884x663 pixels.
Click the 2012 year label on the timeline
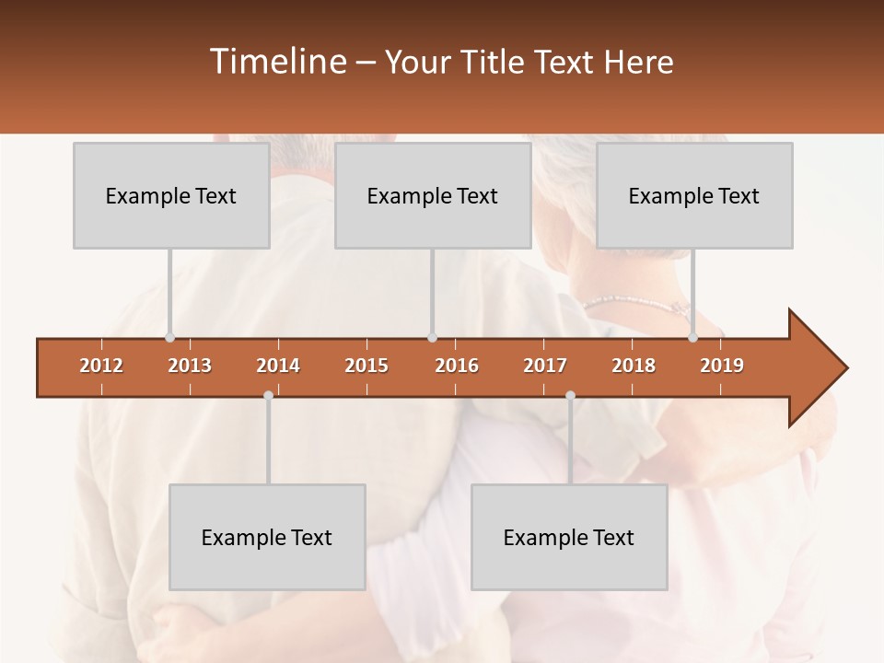click(101, 366)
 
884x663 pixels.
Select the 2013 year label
click(190, 366)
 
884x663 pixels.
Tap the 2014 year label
click(278, 366)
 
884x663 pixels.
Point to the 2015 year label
click(366, 366)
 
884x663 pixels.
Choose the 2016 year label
click(457, 366)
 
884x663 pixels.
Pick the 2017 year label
click(545, 366)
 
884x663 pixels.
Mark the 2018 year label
click(634, 366)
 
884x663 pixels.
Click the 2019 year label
click(722, 366)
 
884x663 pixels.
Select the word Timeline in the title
click(276, 62)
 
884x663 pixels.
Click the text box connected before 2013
click(171, 195)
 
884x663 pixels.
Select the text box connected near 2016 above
click(433, 195)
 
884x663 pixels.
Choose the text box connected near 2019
click(694, 195)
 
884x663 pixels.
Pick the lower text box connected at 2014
click(267, 537)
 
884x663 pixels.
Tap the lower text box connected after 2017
click(569, 537)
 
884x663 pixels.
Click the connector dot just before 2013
click(169, 338)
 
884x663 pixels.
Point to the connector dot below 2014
click(268, 396)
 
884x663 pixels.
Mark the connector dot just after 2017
click(570, 396)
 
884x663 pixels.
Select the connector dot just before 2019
click(692, 338)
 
